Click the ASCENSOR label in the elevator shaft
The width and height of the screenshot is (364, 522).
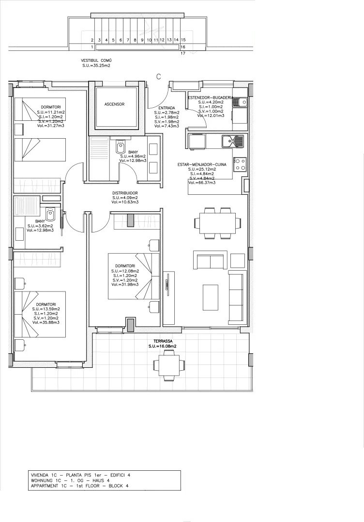(114, 104)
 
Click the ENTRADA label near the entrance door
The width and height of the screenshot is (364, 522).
(160, 108)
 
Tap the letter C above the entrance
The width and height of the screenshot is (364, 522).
(158, 76)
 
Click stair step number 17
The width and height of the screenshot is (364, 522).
(183, 54)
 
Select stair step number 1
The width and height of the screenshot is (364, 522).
(91, 47)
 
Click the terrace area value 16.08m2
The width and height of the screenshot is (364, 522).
(163, 347)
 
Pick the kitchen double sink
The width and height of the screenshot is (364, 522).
(234, 141)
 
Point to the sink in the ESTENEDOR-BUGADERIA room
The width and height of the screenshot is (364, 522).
(241, 102)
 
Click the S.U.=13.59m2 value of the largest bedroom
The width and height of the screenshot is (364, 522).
(46, 309)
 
